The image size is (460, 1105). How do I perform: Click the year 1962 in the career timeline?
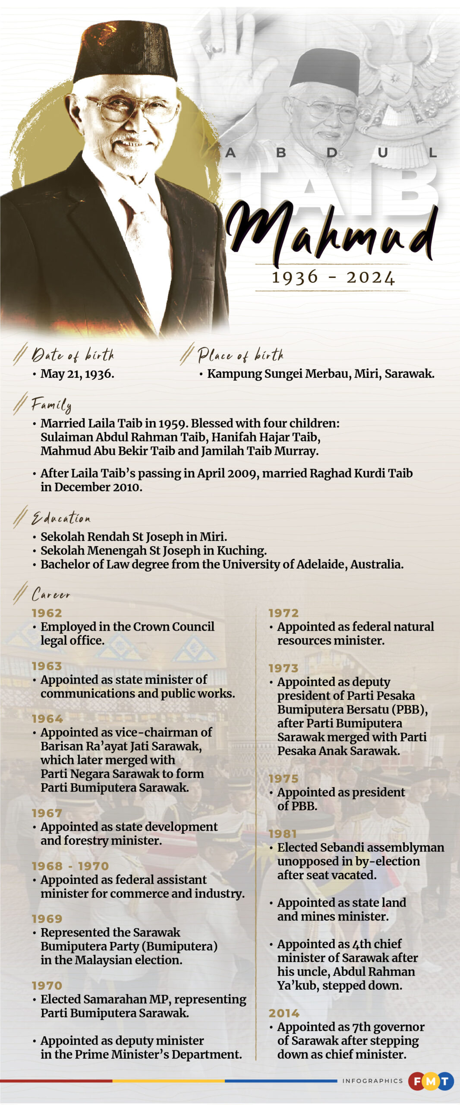point(47,613)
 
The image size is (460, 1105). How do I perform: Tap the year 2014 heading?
point(284,1013)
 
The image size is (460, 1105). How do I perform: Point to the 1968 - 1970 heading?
point(70,866)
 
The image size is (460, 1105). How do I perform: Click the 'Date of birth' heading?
point(73,355)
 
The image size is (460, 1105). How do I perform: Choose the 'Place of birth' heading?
point(240,355)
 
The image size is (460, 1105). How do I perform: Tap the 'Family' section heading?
point(51,405)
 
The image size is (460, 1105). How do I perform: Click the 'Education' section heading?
point(61,518)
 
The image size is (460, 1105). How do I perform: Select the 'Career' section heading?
point(51,594)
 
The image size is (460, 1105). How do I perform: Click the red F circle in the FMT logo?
point(417,1081)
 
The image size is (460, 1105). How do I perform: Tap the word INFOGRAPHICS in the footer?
point(372,1081)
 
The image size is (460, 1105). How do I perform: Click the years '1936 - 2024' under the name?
point(333,278)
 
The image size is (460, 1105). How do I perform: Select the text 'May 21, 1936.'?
point(77,374)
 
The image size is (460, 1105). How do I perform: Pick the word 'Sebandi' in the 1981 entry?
point(343,847)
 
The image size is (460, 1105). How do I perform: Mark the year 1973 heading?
point(284,668)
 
